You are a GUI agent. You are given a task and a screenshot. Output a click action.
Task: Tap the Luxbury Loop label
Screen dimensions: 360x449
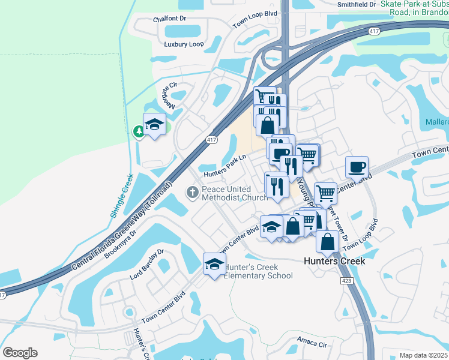(x=184, y=44)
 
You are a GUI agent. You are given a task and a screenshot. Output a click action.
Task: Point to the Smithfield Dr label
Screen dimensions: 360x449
(x=356, y=4)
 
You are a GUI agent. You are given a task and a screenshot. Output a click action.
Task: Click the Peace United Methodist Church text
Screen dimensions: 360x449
(x=235, y=193)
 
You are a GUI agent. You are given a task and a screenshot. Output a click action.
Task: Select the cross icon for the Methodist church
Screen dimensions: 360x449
(x=192, y=193)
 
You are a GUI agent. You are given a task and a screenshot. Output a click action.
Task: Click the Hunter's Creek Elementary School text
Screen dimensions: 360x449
(x=258, y=271)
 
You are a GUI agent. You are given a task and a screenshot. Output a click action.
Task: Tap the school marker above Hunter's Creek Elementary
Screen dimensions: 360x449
(x=214, y=263)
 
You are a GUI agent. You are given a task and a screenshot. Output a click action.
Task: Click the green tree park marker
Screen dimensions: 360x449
(x=139, y=131)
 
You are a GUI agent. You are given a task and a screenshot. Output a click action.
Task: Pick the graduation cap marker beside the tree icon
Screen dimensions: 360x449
(x=155, y=124)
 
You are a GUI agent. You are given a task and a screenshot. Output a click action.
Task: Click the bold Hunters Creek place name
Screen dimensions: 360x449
(x=334, y=261)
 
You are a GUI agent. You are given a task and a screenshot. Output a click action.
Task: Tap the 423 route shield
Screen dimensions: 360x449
(x=346, y=281)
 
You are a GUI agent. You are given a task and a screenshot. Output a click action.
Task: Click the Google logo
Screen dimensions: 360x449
(x=20, y=353)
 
